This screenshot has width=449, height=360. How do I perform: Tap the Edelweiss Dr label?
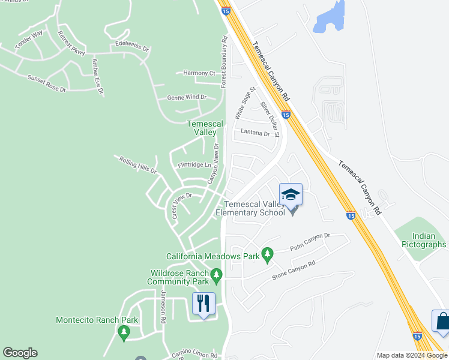(x=128, y=46)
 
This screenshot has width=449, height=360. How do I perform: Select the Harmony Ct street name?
(x=199, y=73)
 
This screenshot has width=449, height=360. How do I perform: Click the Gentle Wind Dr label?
(x=187, y=97)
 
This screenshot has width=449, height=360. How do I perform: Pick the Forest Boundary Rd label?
(x=224, y=62)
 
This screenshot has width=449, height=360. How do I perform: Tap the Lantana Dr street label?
(x=256, y=132)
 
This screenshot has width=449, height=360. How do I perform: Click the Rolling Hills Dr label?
(x=137, y=165)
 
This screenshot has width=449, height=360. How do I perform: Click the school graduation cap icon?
(x=291, y=194)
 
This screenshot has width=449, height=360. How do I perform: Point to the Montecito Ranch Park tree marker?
(x=124, y=331)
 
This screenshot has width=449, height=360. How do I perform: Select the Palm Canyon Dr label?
(x=310, y=242)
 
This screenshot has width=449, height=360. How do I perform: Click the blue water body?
(x=330, y=17)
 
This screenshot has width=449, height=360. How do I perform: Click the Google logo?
(x=20, y=353)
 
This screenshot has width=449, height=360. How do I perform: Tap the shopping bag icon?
(x=442, y=322)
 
